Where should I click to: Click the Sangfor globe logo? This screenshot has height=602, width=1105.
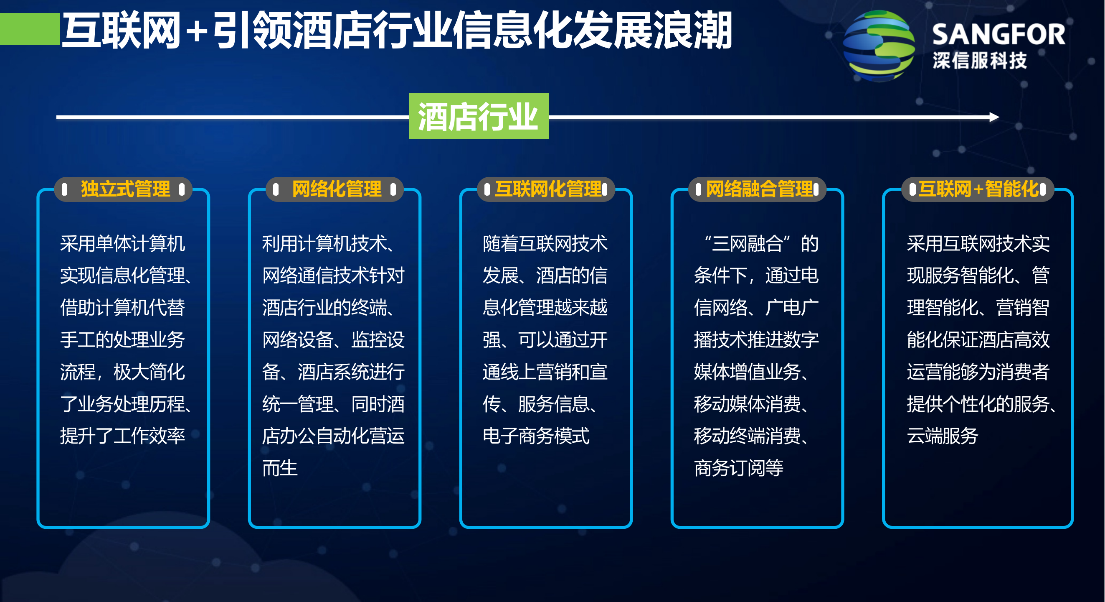[878, 46]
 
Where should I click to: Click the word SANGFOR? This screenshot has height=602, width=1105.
[998, 34]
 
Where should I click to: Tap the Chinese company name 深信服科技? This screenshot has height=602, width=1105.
[979, 61]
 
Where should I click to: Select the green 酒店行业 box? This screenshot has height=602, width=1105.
[478, 116]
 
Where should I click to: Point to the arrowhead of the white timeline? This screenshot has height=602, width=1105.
[994, 117]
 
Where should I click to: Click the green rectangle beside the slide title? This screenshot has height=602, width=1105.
[30, 29]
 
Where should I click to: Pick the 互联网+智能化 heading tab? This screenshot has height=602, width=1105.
[978, 189]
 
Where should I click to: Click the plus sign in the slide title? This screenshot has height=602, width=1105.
[197, 31]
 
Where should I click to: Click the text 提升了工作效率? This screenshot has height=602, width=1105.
[122, 436]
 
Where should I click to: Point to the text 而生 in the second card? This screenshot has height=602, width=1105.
[280, 468]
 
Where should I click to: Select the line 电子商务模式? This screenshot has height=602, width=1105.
[536, 436]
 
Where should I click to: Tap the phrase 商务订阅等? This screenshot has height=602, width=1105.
[738, 468]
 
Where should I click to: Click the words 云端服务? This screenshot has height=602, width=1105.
[942, 436]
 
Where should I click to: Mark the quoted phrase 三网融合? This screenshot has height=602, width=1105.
[747, 243]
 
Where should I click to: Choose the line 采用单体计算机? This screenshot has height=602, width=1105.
[122, 243]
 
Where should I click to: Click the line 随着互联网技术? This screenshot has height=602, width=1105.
[545, 243]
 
